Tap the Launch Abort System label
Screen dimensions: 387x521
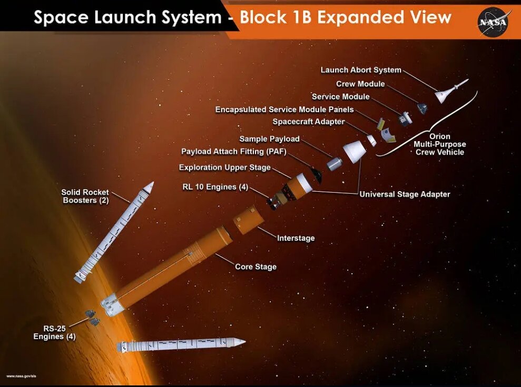pyautogui.click(x=361, y=70)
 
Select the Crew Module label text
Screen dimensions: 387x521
pyautogui.click(x=360, y=84)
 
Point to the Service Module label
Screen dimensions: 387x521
pyautogui.click(x=340, y=97)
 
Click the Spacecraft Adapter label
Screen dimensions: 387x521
pyautogui.click(x=308, y=122)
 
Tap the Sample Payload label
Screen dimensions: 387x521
pyautogui.click(x=269, y=139)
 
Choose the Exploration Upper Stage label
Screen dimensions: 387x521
pyautogui.click(x=224, y=167)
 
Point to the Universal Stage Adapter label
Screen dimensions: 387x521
pyautogui.click(x=405, y=194)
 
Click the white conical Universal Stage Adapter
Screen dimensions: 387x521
pyautogui.click(x=355, y=151)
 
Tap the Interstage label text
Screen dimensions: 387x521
pyautogui.click(x=296, y=238)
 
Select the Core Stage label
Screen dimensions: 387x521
pyautogui.click(x=255, y=266)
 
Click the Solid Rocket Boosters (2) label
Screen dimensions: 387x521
pyautogui.click(x=85, y=196)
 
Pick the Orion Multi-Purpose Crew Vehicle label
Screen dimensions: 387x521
pyautogui.click(x=439, y=144)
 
